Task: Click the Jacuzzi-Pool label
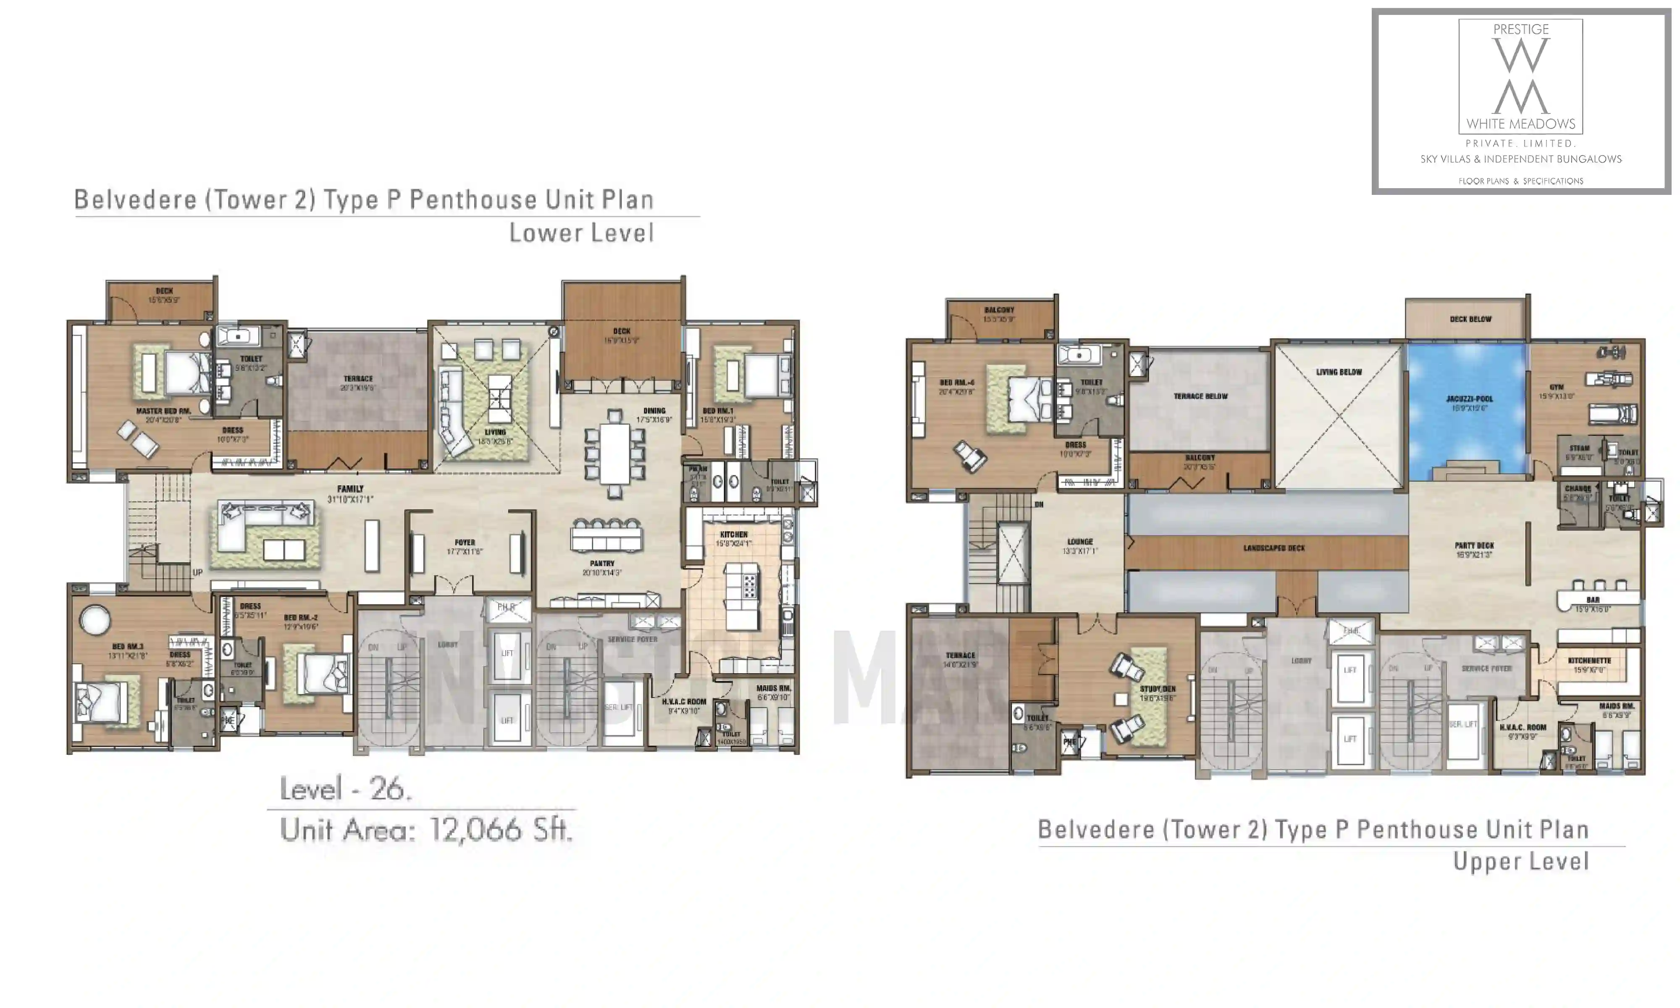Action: coord(1469,399)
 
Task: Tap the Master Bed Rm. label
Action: coord(163,411)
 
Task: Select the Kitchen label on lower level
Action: coord(733,535)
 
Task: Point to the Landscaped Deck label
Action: coord(1274,548)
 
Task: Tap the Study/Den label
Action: coord(1158,689)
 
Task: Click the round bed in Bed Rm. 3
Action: coord(95,619)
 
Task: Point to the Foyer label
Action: coord(465,542)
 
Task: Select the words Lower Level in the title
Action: coord(581,233)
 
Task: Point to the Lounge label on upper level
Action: coord(1080,541)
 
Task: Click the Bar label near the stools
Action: coord(1593,600)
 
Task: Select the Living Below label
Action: coord(1339,372)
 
